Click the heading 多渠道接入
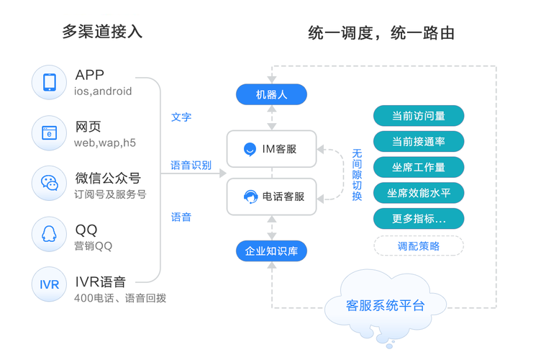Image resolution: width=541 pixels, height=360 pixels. coord(102,32)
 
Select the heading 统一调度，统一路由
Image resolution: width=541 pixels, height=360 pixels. coord(381,32)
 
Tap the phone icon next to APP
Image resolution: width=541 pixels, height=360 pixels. coord(50,81)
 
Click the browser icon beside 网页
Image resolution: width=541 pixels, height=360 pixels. coord(50,132)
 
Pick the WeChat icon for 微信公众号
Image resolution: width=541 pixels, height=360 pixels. coord(50,183)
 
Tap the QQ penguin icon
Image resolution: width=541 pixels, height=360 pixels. coord(50,233)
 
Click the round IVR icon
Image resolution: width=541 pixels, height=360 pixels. coord(50,285)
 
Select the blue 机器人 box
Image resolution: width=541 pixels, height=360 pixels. coord(272,94)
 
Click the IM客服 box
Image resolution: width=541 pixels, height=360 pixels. coord(271,150)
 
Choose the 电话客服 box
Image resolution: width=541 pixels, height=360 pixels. coord(271,197)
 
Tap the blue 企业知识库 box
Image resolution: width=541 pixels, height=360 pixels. coord(272,251)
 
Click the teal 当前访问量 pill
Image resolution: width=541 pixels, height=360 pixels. coord(418,116)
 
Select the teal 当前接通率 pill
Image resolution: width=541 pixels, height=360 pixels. coord(418,142)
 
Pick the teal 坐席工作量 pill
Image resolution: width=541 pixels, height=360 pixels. coord(418,168)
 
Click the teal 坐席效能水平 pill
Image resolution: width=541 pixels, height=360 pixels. coord(418,193)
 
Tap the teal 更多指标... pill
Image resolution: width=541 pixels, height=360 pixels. coord(418,219)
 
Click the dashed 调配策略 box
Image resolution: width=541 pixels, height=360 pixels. coord(418,246)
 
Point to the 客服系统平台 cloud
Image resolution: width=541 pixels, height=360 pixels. coord(385,305)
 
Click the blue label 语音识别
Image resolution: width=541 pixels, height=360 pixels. coord(191,166)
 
